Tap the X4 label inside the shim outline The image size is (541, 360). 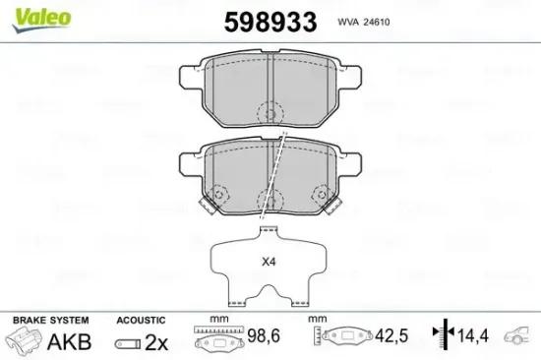[269, 263]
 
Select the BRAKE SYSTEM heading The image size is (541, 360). [50, 321]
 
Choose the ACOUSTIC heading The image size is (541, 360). [141, 321]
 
